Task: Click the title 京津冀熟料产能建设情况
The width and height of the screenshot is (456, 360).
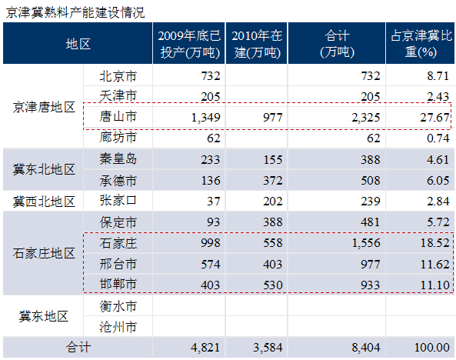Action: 75,12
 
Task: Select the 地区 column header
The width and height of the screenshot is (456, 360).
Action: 78,45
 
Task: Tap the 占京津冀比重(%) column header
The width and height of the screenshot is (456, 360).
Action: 421,44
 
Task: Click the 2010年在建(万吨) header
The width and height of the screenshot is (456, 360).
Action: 257,44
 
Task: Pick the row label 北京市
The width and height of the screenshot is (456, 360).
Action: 118,76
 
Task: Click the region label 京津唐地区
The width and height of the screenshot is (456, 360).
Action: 44,107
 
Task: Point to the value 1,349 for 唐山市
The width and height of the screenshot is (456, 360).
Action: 205,118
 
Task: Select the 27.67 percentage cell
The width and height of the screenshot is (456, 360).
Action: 434,118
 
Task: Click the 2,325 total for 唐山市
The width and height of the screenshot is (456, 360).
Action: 365,118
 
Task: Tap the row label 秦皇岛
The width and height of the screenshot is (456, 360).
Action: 118,159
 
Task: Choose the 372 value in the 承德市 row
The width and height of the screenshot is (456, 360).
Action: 273,181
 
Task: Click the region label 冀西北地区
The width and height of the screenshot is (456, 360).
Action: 44,202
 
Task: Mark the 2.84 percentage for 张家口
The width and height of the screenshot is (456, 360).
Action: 438,202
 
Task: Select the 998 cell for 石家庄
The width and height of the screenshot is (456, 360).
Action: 211,243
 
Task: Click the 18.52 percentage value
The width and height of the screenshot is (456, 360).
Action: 434,243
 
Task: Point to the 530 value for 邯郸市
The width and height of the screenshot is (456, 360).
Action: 273,285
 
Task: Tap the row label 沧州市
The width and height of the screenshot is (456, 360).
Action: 118,327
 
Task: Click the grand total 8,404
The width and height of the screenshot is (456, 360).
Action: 365,348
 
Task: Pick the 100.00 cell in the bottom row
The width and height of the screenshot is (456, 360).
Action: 432,348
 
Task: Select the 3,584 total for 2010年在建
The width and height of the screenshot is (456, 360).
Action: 268,348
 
